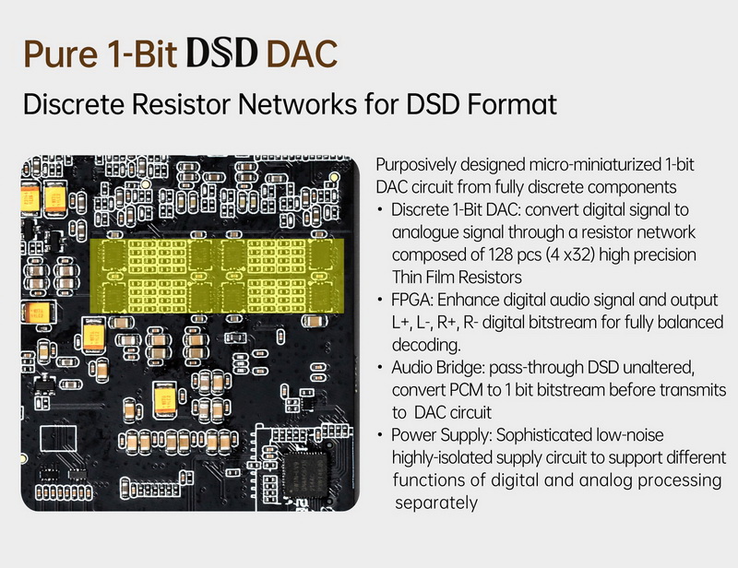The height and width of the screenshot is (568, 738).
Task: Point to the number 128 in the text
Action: (x=476, y=254)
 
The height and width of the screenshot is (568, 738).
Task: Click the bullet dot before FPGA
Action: (x=381, y=302)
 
